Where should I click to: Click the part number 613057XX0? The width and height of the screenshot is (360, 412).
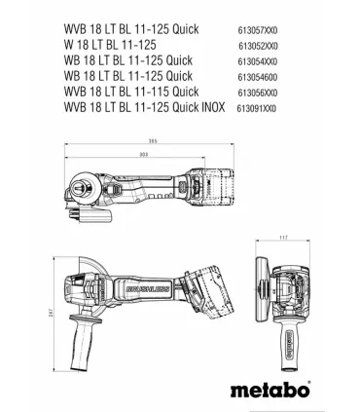click(258, 30)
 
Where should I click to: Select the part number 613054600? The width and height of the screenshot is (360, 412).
click(258, 77)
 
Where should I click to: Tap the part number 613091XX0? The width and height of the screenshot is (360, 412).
click(257, 108)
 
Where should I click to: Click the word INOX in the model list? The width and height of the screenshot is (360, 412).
click(213, 107)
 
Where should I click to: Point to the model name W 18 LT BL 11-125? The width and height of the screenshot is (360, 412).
click(110, 45)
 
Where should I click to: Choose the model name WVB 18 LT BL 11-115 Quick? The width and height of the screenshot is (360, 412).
click(131, 92)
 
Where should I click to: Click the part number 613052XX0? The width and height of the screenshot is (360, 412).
click(258, 46)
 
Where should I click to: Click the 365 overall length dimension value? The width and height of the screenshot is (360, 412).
click(153, 141)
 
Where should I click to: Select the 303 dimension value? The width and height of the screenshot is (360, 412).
click(143, 155)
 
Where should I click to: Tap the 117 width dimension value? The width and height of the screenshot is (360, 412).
click(283, 238)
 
